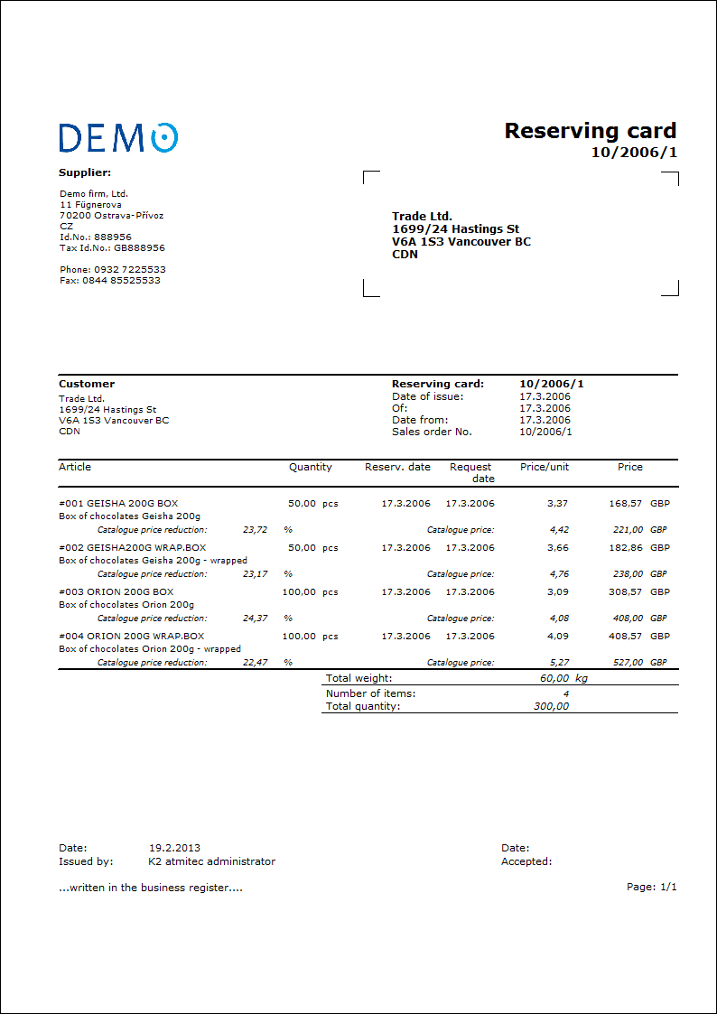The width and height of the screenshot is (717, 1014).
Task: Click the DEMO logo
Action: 118,137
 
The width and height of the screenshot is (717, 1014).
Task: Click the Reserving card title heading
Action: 590,131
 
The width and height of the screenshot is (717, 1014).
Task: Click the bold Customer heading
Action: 87,384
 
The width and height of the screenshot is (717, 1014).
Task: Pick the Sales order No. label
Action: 432,432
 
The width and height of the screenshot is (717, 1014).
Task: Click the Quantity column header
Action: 310,467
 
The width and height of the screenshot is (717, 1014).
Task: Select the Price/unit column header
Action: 545,467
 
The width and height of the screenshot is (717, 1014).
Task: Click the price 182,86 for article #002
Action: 625,547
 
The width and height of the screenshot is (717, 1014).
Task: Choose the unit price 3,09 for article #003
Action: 558,591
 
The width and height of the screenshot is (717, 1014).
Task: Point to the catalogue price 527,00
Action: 628,662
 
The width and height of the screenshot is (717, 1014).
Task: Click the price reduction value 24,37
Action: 255,618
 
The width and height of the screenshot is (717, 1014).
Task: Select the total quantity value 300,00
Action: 551,706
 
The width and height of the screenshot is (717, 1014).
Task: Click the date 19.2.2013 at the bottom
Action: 174,848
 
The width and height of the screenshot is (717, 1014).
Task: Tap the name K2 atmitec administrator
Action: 211,861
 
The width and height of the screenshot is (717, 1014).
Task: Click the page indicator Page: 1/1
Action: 651,887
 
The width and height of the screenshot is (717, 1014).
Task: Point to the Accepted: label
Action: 526,861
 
